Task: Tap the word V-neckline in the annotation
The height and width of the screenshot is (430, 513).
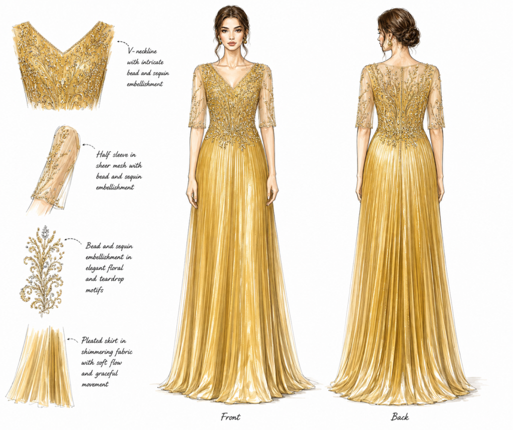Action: pos(142,52)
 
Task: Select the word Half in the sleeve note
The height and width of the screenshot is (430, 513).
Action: pos(103,155)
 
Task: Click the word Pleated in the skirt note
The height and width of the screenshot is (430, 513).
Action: pos(95,341)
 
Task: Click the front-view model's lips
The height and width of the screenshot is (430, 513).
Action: pos(231,43)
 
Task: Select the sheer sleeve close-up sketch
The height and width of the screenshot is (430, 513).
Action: pos(56,169)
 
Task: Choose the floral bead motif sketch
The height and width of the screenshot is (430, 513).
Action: pos(42,271)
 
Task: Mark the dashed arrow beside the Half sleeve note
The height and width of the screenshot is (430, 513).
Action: pos(88,145)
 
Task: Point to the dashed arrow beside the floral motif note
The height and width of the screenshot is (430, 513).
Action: pos(73,240)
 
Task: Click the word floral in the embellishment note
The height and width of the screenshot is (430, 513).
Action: pos(115,268)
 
